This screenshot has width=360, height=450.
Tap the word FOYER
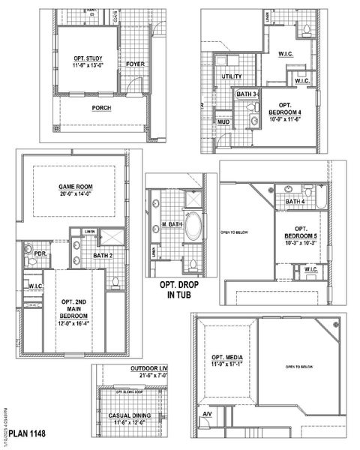(136, 64)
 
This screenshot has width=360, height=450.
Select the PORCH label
(101, 108)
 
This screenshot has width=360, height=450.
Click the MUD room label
(223, 121)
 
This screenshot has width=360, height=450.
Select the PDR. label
(40, 253)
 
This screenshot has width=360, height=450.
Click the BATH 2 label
(103, 256)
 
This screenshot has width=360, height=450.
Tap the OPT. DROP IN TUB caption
(179, 289)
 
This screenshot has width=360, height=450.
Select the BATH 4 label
(295, 202)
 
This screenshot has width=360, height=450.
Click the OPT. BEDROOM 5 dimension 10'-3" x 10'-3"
(301, 243)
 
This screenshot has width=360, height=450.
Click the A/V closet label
(207, 414)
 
